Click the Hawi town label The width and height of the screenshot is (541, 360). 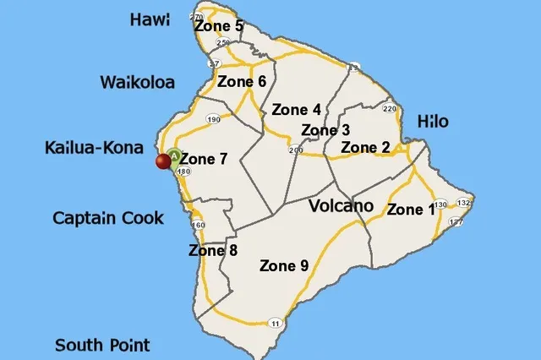click(150, 19)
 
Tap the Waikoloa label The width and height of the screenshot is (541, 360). click(137, 82)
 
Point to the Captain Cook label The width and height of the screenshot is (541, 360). click(108, 217)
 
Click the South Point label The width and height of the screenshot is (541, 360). click(102, 345)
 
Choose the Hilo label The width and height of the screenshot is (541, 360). click(433, 122)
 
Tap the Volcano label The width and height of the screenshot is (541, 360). click(341, 206)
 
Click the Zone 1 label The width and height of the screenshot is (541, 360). click(411, 210)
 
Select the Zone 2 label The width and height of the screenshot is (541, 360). click(365, 148)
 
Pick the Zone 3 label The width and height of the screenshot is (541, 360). click(325, 130)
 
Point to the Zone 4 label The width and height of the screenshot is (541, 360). click(296, 110)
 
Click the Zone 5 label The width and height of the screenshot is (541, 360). click(218, 26)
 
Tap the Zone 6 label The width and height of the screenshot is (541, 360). click(242, 82)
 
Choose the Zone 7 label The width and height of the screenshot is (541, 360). click(204, 159)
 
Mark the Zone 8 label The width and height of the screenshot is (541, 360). click(213, 250)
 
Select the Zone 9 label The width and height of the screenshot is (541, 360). click(283, 265)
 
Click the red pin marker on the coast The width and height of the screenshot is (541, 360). click(162, 162)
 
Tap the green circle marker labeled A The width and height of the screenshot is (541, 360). click(174, 155)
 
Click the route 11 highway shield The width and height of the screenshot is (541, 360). click(276, 323)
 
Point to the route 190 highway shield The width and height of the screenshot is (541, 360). click(213, 120)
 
